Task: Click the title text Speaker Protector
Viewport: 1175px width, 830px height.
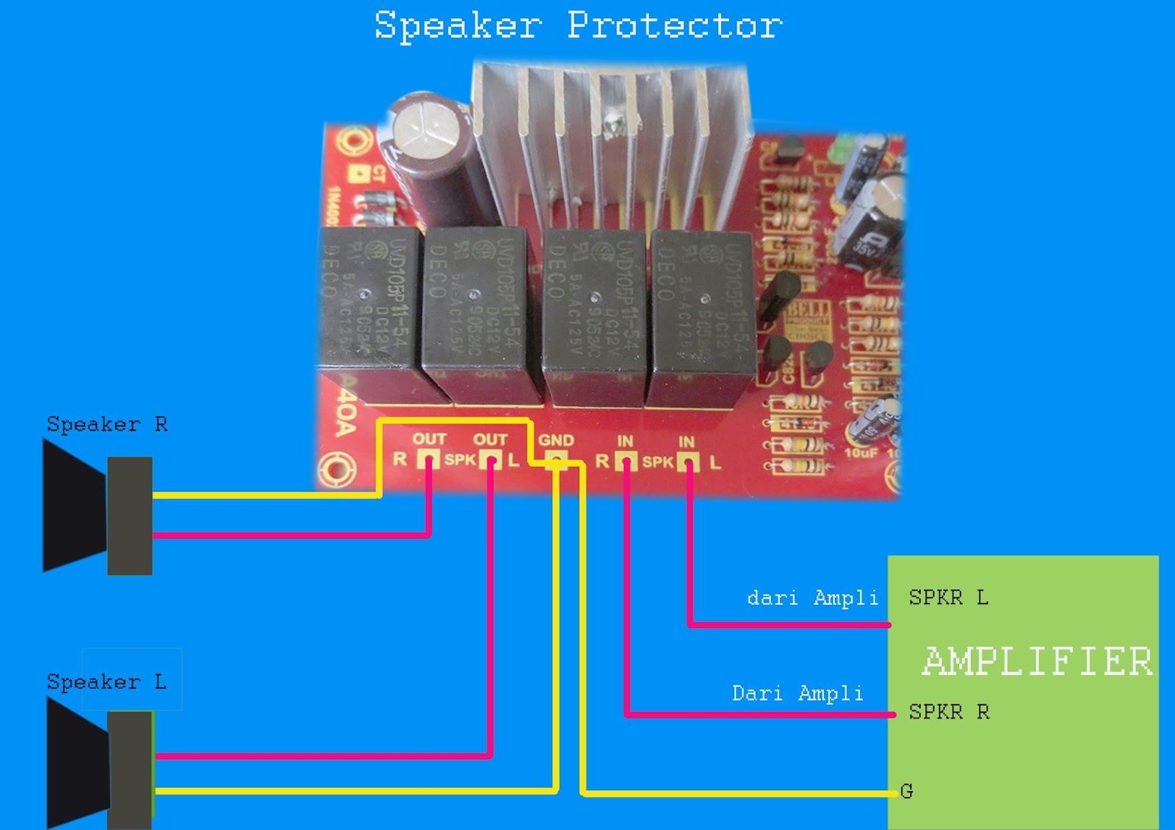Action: point(578,26)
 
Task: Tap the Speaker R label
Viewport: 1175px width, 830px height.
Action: point(107,425)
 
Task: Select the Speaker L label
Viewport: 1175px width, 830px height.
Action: point(106,682)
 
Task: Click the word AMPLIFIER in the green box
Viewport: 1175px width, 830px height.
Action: point(1037,661)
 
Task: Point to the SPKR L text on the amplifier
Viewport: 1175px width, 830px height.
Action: point(948,598)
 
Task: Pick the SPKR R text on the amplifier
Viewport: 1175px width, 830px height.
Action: point(949,712)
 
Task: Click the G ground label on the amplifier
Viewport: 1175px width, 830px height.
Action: point(907,791)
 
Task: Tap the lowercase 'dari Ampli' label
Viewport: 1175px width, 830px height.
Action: point(812,598)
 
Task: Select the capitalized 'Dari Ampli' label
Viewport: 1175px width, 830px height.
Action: point(798,694)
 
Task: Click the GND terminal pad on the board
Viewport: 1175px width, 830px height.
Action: point(556,461)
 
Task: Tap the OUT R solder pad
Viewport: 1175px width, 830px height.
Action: point(428,460)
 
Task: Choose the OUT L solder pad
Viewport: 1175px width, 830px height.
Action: point(491,460)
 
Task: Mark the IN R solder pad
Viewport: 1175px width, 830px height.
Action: point(626,462)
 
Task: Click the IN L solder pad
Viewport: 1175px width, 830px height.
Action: point(688,462)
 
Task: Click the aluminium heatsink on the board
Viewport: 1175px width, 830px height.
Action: point(610,139)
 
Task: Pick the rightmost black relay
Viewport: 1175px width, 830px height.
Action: point(701,316)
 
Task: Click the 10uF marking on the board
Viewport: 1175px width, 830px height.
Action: point(860,453)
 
